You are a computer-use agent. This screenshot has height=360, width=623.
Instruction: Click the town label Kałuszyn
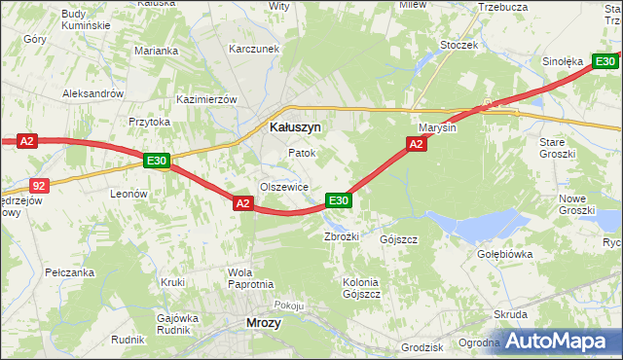pos(295,126)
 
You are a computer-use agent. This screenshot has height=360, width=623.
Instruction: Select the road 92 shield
pos(38,184)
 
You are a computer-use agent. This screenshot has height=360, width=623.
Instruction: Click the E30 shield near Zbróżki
pos(338,199)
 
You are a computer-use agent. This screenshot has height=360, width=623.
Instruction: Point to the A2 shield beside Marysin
pos(415,144)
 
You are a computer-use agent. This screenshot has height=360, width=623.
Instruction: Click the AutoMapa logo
pos(559,342)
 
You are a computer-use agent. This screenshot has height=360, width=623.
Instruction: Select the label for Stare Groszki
pos(559,148)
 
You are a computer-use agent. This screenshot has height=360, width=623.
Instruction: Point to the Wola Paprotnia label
pos(249,278)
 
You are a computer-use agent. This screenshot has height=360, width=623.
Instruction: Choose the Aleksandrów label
pos(92,93)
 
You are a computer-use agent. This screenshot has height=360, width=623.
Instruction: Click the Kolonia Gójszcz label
pos(360,289)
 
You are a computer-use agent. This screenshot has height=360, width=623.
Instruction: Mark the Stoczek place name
pos(458,45)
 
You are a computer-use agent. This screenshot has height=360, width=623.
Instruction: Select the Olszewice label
pos(283,187)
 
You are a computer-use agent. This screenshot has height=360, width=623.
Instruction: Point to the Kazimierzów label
pos(206,99)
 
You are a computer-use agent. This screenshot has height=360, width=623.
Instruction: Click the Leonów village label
pos(128,194)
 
